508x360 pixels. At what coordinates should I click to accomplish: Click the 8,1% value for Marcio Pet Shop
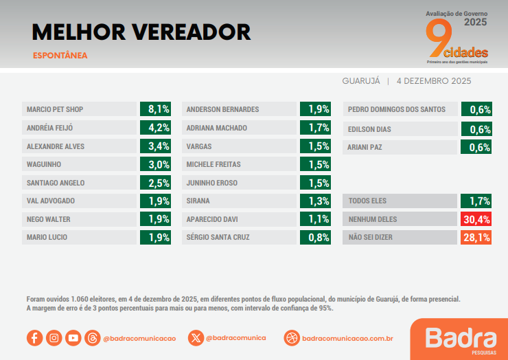[x=155, y=109]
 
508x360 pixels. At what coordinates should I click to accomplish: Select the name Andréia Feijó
[x=49, y=128]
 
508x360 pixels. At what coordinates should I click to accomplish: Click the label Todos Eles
[x=368, y=201]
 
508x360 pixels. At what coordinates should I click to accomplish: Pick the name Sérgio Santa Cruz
[x=218, y=238]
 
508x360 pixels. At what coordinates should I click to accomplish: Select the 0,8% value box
[x=315, y=238]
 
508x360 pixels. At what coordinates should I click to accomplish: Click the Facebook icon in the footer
[x=34, y=338]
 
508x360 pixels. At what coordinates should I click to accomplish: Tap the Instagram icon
[x=54, y=338]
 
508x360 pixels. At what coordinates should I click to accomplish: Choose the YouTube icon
[x=73, y=338]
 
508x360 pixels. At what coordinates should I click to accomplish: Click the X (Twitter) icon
[x=196, y=338]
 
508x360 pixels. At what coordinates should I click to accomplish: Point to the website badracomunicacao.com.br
[x=347, y=338]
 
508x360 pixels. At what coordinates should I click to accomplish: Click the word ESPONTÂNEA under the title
[x=60, y=56]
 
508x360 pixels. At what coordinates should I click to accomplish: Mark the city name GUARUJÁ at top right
[x=361, y=81]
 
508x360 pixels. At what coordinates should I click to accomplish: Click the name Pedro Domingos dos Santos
[x=397, y=109]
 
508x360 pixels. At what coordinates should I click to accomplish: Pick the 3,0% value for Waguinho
[x=155, y=164]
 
